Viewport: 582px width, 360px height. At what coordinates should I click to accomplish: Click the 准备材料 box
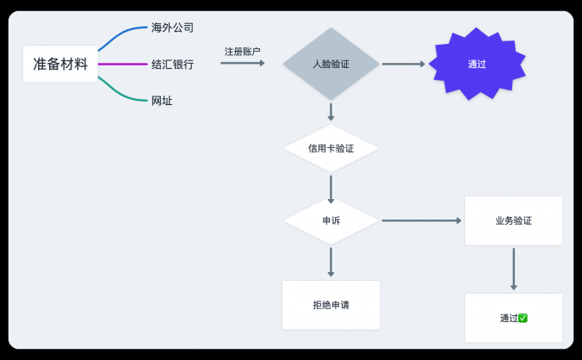click(60, 64)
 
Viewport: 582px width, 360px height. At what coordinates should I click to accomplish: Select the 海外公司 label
click(172, 28)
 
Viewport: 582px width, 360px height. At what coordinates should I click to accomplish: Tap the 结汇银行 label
click(172, 64)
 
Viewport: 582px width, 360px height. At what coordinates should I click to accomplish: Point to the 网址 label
click(162, 101)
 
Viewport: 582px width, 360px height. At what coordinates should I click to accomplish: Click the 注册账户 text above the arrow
click(242, 52)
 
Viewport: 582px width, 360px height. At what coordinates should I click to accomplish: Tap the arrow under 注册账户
click(242, 63)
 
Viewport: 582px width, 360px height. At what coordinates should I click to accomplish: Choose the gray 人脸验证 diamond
click(331, 64)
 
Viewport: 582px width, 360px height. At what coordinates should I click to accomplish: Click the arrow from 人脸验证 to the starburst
click(403, 64)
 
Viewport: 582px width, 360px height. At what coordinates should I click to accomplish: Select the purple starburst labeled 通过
click(476, 64)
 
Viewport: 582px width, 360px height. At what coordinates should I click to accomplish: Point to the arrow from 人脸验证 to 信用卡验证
click(331, 112)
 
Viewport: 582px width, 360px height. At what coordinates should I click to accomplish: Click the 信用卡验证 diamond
click(331, 148)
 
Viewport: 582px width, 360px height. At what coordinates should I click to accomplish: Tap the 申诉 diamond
click(331, 220)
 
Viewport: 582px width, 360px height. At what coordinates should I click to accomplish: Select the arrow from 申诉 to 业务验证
click(421, 220)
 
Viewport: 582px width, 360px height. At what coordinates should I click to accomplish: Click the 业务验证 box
click(513, 220)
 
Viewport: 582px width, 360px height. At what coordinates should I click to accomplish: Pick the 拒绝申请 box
click(331, 305)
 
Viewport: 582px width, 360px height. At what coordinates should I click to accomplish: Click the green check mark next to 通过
click(523, 318)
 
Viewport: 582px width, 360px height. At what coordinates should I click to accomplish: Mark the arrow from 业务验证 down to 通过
click(513, 269)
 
